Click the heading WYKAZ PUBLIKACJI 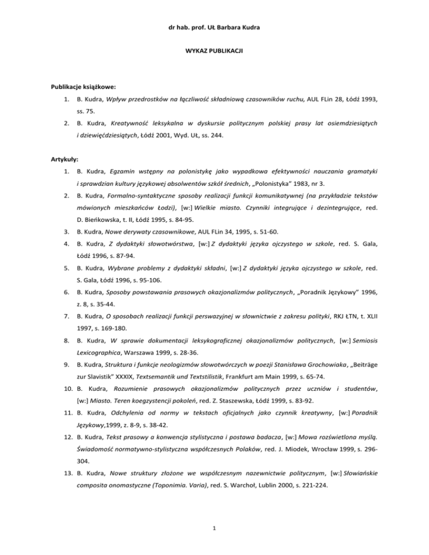(214, 51)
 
